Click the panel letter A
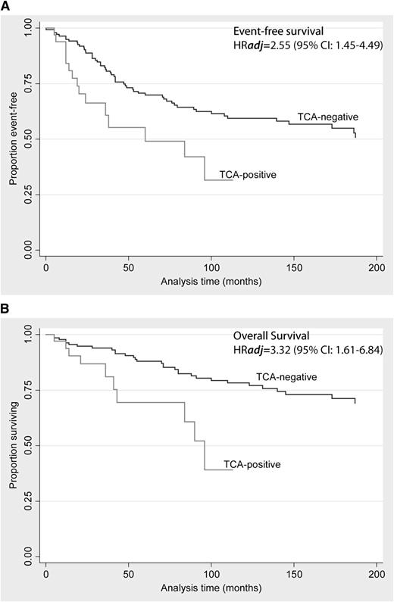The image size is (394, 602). point(6,6)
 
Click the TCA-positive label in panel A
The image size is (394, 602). point(247,175)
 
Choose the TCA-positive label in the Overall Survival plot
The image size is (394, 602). point(252,464)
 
